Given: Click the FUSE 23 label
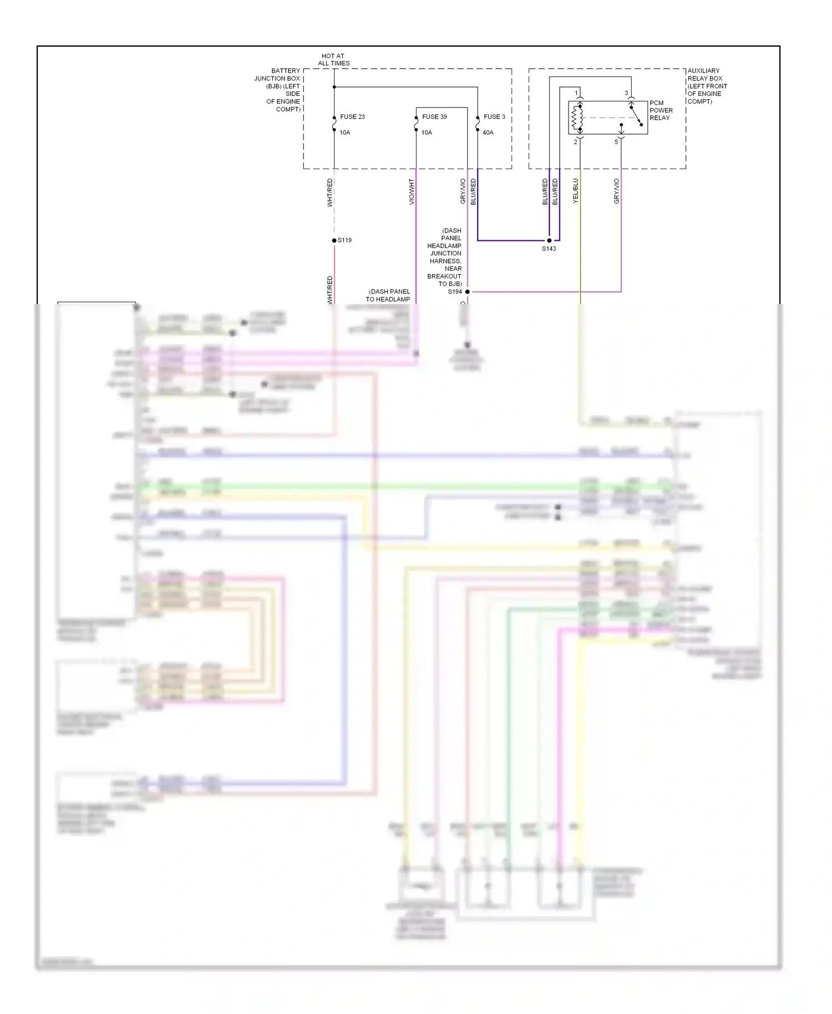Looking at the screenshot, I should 352,116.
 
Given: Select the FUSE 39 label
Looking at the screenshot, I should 434,116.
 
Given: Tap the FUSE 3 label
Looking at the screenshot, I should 494,116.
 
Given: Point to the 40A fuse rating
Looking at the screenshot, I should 488,133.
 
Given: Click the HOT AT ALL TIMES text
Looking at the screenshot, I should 333,59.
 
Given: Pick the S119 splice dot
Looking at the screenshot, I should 334,240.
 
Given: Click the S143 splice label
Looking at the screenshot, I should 549,249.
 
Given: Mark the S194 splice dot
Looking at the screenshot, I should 467,291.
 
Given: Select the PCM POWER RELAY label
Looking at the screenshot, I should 661,110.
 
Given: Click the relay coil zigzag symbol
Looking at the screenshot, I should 577,118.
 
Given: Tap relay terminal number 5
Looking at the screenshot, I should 616,142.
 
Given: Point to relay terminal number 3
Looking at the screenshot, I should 626,93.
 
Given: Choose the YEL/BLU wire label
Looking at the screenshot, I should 575,190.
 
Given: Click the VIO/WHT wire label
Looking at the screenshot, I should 412,191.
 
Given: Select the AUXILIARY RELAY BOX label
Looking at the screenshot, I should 707,86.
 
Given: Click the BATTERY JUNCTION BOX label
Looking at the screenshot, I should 278,90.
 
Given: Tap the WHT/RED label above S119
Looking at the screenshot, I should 329,192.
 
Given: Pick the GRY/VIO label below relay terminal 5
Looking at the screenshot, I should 616,191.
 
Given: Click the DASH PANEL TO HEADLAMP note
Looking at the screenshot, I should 388,295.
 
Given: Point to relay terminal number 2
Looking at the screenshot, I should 575,142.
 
